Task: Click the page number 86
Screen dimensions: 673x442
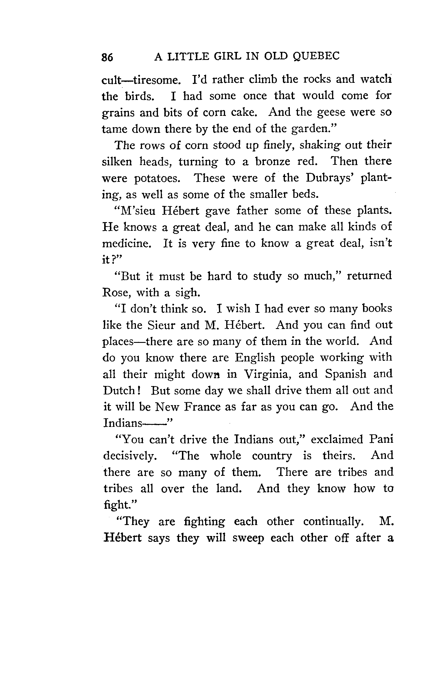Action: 107,57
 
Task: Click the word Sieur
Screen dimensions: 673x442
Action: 161,325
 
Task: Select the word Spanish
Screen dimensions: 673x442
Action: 346,374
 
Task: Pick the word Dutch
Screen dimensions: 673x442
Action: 119,391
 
